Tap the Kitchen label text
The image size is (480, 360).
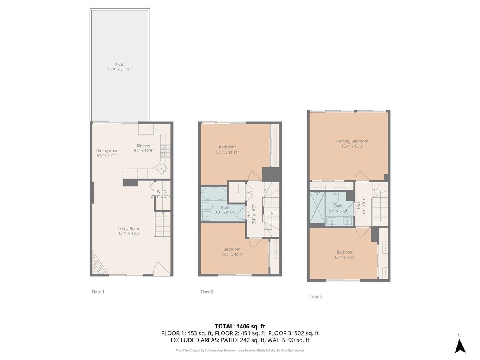point(143,146)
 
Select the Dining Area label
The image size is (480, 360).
point(107,151)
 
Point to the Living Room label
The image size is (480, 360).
point(129,229)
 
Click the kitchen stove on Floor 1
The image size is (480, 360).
point(165,150)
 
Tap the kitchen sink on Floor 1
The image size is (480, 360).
point(162,170)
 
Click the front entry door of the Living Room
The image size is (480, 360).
point(162,269)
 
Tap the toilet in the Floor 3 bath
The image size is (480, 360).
point(336,197)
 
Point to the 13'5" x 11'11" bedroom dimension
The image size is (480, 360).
point(227,152)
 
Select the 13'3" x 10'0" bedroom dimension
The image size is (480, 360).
point(232,254)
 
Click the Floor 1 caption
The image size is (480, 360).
point(98,292)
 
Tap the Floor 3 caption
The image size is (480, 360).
point(315,297)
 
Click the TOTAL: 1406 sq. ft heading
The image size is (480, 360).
point(240,326)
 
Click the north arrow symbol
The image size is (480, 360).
point(460,345)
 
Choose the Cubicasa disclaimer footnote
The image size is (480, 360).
point(240,350)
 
